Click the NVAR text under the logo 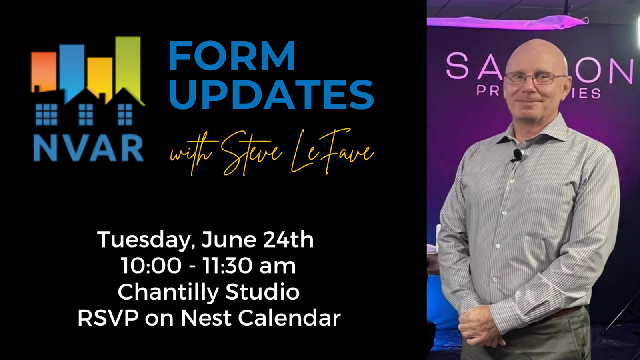coord(88,148)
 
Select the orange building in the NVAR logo coord(44,70)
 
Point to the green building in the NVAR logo coord(129,64)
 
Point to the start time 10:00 coord(151,266)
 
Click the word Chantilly coord(168,292)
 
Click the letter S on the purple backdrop coord(457,66)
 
